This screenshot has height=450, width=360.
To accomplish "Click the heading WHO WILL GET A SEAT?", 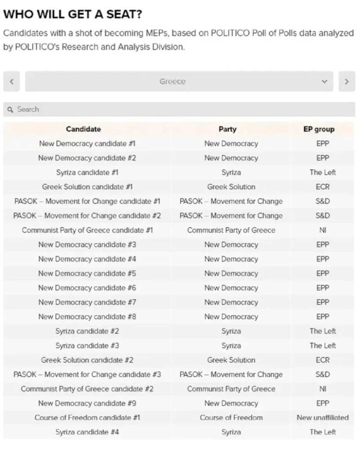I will (72, 14).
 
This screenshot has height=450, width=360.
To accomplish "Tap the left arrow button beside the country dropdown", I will (11, 82).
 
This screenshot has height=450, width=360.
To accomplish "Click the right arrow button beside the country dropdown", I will (346, 82).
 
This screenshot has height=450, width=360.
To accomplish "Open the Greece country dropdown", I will (179, 82).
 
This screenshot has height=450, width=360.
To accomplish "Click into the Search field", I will (179, 109).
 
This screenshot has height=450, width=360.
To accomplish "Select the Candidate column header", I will (83, 129).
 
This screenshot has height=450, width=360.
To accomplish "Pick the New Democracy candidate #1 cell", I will (87, 144).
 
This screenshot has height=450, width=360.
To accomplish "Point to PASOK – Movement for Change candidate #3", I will (87, 374).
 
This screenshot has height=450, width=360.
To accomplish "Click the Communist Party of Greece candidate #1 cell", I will (87, 230).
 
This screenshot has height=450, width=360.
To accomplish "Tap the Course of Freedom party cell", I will (231, 418).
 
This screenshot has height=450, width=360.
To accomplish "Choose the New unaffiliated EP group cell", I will (322, 418).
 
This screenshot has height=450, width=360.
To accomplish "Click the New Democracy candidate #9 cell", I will (87, 403).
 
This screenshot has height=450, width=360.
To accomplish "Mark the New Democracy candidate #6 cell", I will (87, 288).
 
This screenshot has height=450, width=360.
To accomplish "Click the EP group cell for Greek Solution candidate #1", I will (322, 187).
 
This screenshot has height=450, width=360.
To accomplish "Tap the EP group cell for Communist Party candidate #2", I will (322, 389).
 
